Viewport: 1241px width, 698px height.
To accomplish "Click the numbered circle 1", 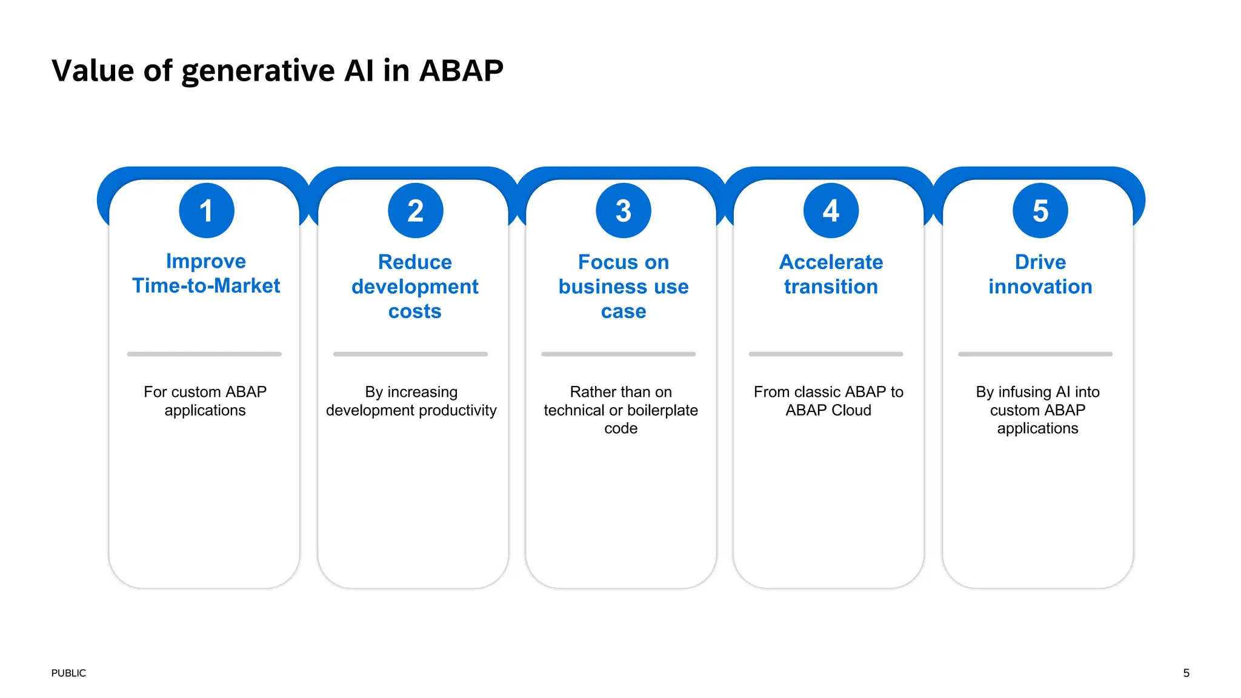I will coord(207,211).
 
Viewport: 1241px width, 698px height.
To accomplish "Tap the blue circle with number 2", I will coord(416,211).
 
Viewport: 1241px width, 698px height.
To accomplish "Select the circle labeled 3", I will coord(624,211).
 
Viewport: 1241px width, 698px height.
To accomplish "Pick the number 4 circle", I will coord(831,211).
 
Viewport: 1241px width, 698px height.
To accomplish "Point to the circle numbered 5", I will coord(1040,211).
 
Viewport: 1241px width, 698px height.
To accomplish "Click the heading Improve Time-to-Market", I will coord(206,273).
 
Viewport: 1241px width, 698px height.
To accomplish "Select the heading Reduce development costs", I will coord(415,286).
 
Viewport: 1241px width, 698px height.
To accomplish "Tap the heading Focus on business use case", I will coord(624,286).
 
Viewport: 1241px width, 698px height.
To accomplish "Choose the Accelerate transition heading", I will coord(831,274).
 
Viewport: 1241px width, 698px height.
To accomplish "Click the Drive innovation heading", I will coord(1040,274).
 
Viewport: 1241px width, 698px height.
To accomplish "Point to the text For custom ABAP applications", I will coord(205,401).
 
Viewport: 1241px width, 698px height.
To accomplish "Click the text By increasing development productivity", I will coord(411,401).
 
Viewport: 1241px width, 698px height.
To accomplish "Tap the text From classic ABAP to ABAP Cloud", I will coord(828,401).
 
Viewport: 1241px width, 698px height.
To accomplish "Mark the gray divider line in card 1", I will coord(204,354).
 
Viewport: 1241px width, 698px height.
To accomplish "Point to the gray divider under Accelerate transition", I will coord(826,354).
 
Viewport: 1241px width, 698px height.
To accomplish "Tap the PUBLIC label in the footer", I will coord(68,673).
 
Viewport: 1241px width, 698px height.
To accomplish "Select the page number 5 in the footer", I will coord(1186,673).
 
